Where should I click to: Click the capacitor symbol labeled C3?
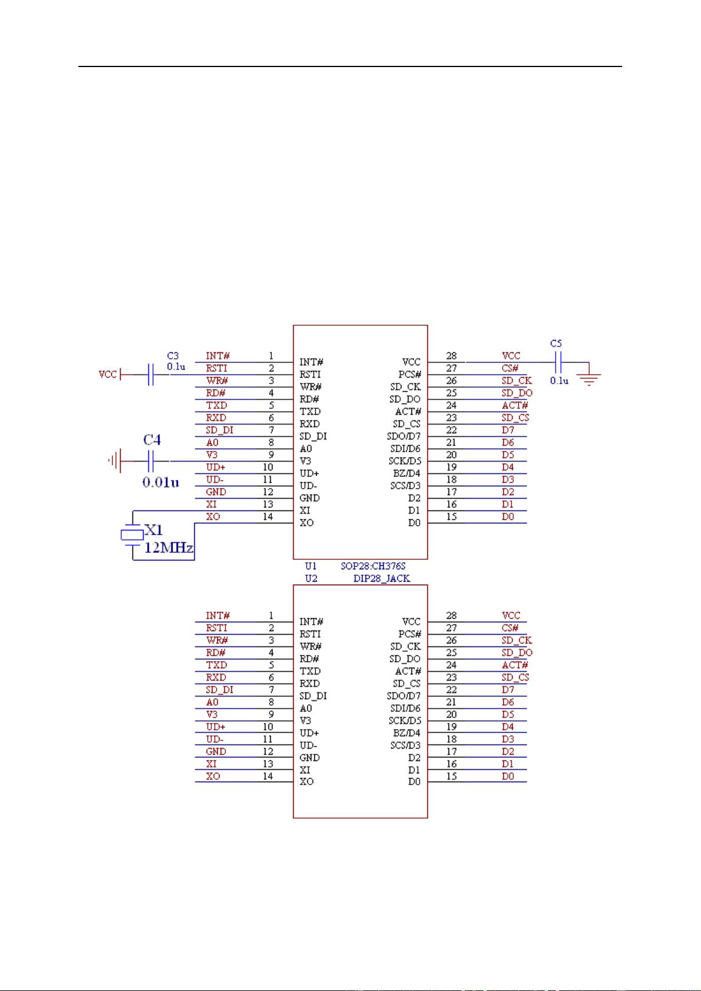tap(151, 375)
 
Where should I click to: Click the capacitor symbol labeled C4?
tap(151, 461)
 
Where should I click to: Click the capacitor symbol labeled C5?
tap(559, 362)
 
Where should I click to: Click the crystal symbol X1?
tap(132, 534)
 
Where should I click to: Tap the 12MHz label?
tap(170, 549)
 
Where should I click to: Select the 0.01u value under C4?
tap(160, 482)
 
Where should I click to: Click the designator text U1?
tap(311, 566)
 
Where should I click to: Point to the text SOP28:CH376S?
tap(373, 566)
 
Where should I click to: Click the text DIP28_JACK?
tap(381, 578)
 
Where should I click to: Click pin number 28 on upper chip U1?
tap(451, 356)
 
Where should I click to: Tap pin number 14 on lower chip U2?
tap(267, 776)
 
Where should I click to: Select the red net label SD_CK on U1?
tap(516, 381)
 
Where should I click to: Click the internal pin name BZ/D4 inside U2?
tap(406, 733)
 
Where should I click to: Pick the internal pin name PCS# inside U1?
tap(410, 375)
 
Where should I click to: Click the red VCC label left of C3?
tap(107, 375)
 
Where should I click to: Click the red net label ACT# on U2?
tap(514, 665)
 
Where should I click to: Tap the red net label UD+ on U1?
tap(215, 467)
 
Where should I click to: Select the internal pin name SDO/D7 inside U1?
tap(404, 436)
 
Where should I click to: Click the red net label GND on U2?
tap(215, 751)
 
